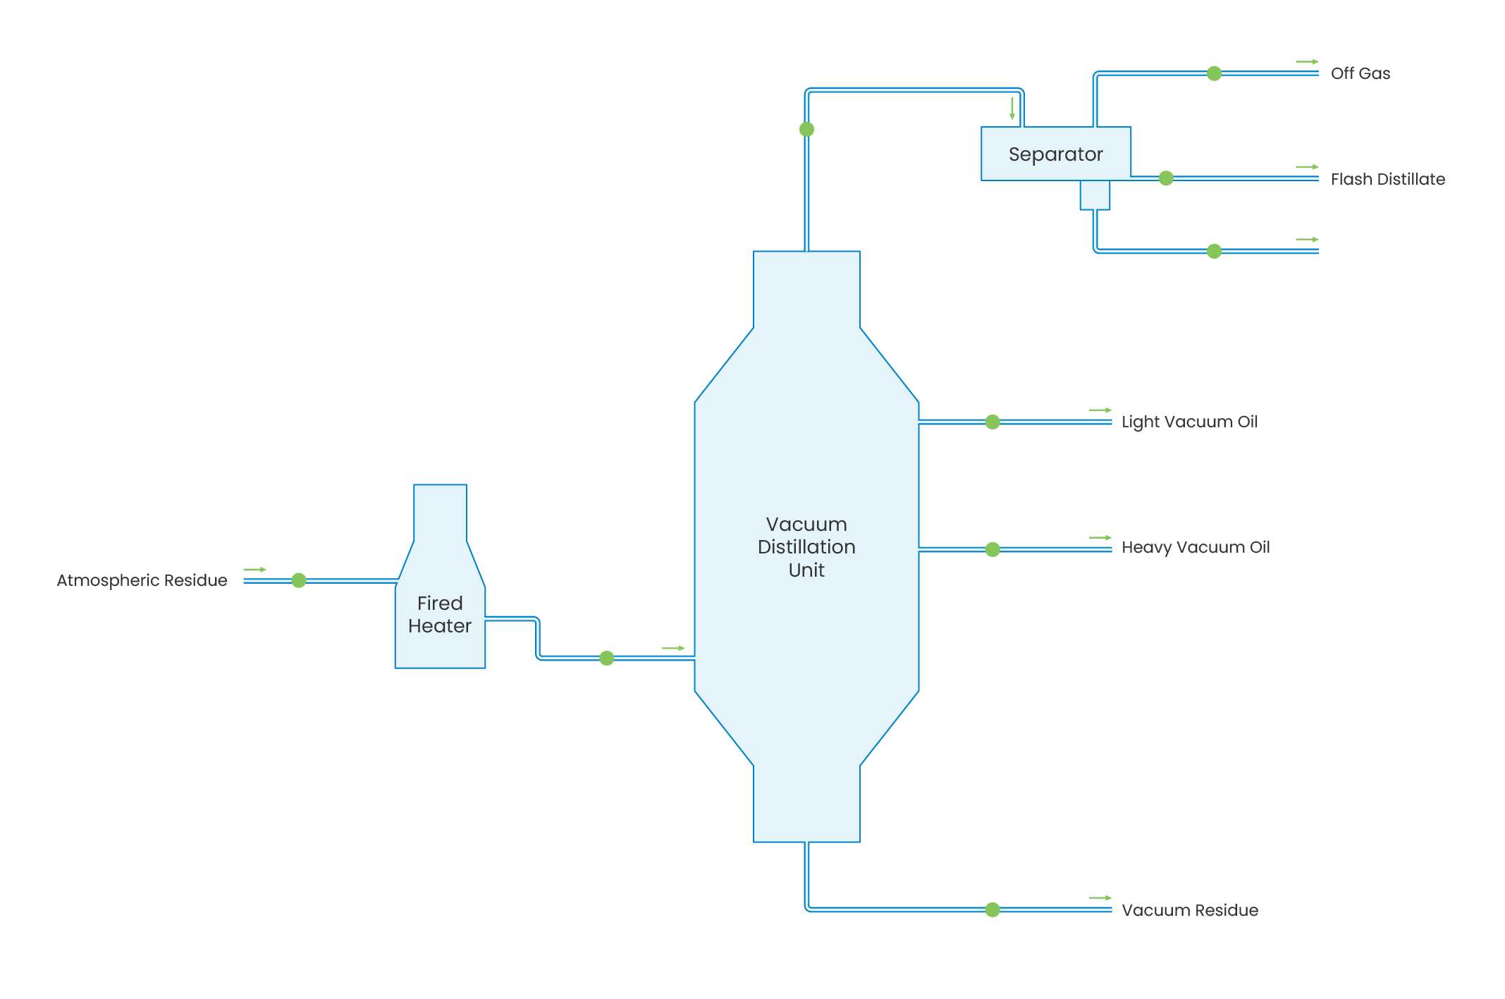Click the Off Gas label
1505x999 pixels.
click(x=1360, y=73)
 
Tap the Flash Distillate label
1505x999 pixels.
click(x=1387, y=179)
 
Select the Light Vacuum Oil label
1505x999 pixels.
click(x=1189, y=422)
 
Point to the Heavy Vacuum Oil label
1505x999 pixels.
click(x=1196, y=547)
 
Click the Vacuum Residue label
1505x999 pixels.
click(x=1189, y=910)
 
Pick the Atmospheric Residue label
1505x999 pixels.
click(x=142, y=580)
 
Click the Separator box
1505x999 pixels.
click(x=1055, y=154)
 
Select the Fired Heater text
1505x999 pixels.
click(x=439, y=615)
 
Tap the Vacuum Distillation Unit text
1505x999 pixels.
click(x=806, y=547)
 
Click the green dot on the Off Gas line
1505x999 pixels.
click(x=1214, y=73)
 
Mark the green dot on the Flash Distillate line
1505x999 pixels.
click(x=1166, y=178)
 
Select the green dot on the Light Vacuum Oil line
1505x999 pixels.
click(x=993, y=422)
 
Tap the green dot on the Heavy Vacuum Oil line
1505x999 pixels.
click(x=993, y=549)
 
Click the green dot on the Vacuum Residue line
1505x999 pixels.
click(x=993, y=909)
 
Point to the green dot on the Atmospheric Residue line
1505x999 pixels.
click(x=299, y=580)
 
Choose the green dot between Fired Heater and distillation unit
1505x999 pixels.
click(x=606, y=658)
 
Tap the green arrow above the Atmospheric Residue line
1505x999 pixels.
click(x=254, y=570)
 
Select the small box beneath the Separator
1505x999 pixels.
click(x=1095, y=195)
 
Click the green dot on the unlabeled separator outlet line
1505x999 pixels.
click(x=1214, y=251)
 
